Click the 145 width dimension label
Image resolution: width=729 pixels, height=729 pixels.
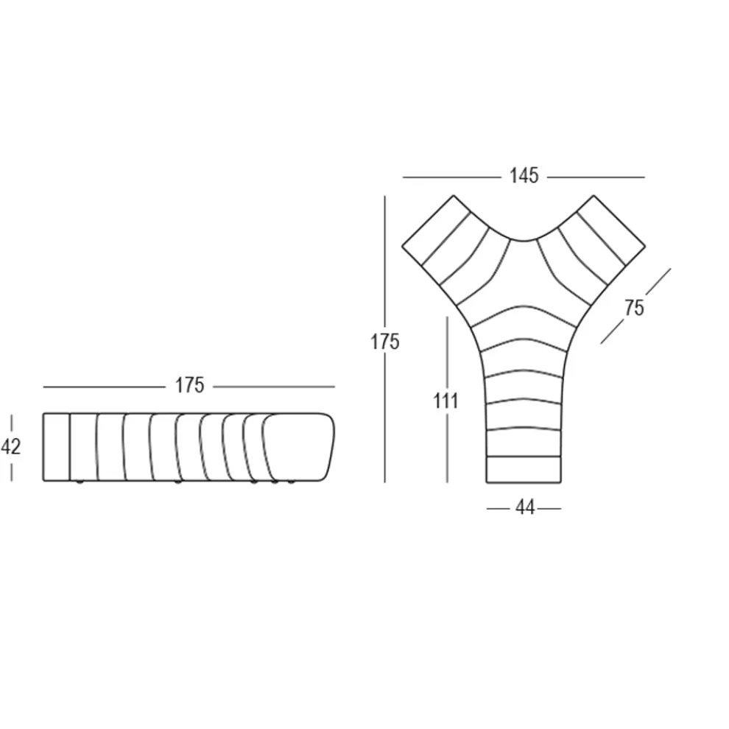[524, 176]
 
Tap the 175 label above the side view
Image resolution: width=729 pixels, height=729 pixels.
[189, 385]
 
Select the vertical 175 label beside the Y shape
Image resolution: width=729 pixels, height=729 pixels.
[385, 342]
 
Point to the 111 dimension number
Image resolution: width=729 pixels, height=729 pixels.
[445, 401]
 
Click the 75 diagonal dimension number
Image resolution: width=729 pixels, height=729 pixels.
[634, 308]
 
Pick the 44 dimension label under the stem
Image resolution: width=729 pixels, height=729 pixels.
[525, 508]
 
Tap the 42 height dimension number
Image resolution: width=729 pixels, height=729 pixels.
[11, 447]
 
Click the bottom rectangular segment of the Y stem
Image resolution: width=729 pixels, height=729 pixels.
[524, 470]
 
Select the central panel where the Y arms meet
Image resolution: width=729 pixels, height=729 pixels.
[524, 275]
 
